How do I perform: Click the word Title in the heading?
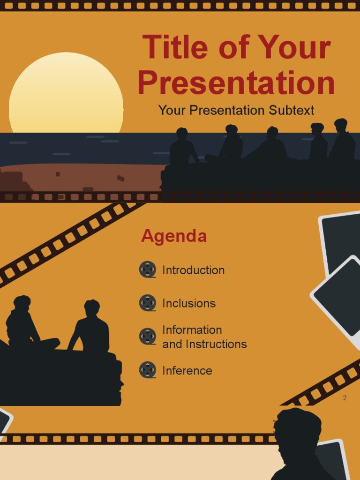point(175,47)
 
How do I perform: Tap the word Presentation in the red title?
point(236,83)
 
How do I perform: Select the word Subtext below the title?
point(291,110)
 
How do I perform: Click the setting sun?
point(66,94)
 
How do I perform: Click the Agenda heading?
point(174,236)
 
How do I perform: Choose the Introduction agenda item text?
point(193,270)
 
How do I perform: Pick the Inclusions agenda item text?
point(189,303)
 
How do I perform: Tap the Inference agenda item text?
point(187,371)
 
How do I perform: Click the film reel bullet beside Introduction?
point(148,270)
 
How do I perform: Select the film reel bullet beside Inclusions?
point(148,303)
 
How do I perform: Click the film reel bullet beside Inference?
point(148,370)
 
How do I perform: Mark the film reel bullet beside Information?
point(148,337)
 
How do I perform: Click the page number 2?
point(345,398)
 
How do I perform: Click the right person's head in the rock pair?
point(92,308)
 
